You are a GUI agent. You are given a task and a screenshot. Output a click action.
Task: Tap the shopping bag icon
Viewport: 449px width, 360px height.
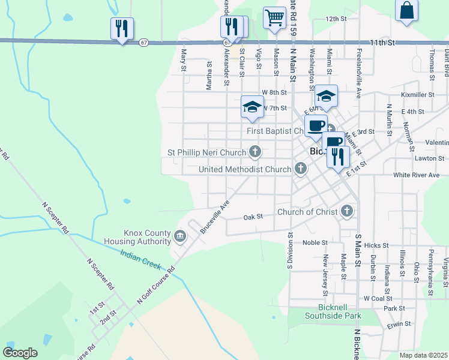(406, 11)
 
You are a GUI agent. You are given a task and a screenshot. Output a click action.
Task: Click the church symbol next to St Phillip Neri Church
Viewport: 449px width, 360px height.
(255, 152)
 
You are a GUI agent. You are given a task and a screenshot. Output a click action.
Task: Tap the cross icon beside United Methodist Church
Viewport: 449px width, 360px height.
(300, 170)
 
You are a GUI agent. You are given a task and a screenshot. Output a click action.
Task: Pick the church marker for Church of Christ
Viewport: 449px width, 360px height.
(346, 211)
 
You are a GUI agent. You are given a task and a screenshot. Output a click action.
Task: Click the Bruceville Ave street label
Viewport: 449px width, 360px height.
(215, 217)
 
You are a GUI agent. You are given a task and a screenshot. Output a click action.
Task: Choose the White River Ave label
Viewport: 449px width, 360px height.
(417, 175)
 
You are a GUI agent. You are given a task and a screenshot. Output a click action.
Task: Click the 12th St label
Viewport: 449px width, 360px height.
(337, 19)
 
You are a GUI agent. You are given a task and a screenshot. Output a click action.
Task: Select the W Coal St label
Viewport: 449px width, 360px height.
(378, 298)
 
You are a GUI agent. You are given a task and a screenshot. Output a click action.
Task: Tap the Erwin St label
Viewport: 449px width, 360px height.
(399, 323)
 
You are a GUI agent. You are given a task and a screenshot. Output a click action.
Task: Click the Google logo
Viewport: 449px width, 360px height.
(20, 352)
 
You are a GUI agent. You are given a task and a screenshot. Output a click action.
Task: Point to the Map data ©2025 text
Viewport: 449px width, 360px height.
(423, 355)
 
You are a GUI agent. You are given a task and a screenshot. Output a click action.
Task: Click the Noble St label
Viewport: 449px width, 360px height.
(315, 242)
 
